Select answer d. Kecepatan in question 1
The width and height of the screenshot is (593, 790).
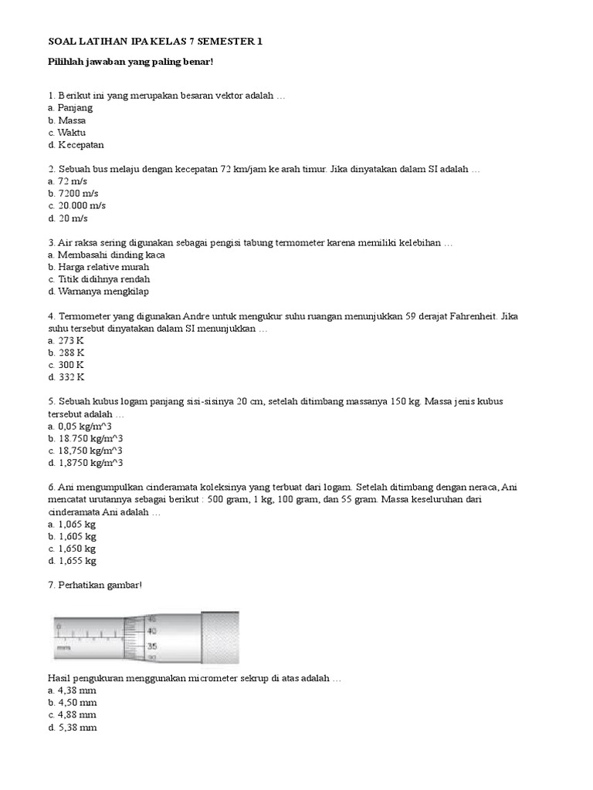[76, 144]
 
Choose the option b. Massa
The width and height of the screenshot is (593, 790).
[66, 120]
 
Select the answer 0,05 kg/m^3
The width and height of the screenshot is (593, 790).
[86, 426]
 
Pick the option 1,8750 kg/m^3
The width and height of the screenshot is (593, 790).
[90, 463]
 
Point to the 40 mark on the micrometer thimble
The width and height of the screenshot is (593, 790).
[152, 631]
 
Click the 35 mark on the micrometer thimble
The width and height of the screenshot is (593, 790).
[152, 646]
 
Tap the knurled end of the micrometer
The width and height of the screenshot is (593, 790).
[220, 636]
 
